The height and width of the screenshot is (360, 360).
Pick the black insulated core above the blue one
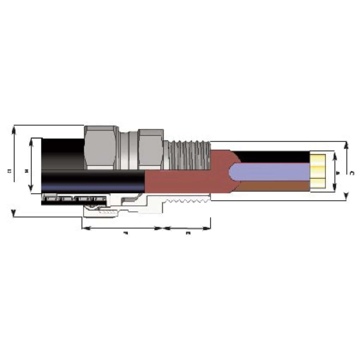click(x=273, y=157)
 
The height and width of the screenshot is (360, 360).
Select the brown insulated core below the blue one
click(x=273, y=186)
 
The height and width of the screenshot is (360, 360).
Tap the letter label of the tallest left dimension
click(x=9, y=171)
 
